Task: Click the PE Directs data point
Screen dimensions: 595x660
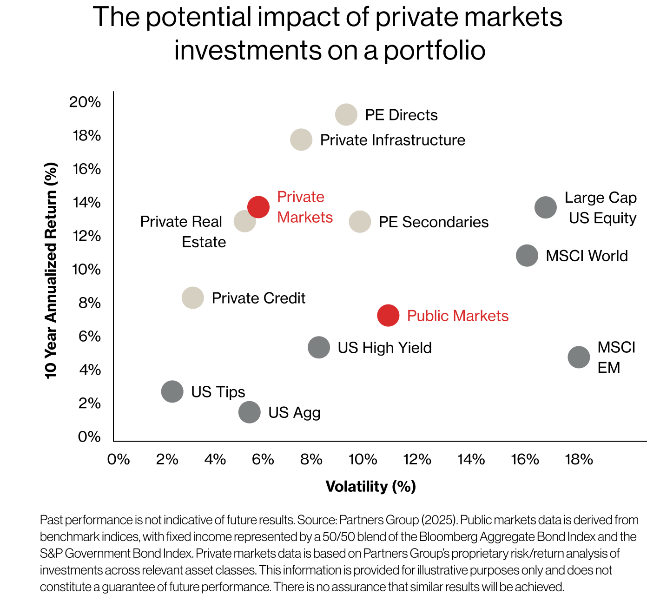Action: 346,114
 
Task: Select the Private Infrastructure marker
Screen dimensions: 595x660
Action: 301,139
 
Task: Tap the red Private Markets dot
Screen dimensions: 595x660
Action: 258,207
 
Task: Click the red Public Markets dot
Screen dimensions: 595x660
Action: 388,316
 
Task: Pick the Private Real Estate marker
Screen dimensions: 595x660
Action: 244,221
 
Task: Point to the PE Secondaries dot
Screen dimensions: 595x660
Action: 360,222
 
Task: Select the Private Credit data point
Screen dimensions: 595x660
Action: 193,297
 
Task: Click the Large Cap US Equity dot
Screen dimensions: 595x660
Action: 546,207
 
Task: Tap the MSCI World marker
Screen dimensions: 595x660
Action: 527,256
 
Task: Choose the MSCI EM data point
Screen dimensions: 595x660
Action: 579,357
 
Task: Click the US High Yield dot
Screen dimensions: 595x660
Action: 319,347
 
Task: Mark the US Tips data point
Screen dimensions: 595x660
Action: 172,391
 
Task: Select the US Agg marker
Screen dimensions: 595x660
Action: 250,412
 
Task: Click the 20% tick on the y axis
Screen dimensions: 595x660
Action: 85,102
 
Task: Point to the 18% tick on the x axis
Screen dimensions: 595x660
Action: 579,460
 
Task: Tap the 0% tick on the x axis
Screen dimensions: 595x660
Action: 119,460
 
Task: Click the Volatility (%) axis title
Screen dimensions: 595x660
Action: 370,487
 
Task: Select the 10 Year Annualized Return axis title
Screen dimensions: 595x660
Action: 51,270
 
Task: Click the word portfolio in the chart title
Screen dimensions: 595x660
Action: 434,50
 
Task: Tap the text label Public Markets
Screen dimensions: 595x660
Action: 457,316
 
